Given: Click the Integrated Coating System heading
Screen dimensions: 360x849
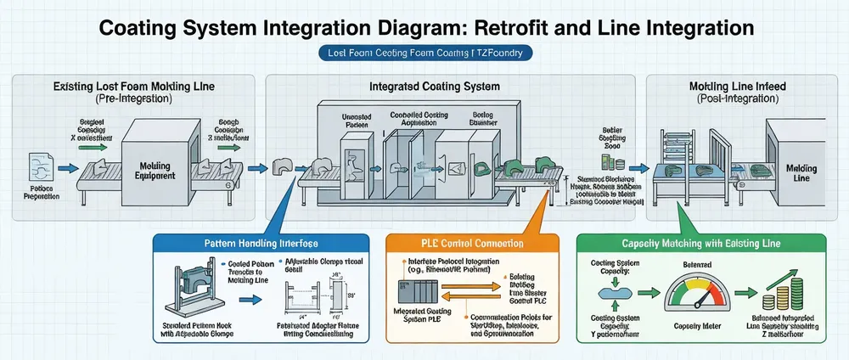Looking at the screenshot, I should point(435,87).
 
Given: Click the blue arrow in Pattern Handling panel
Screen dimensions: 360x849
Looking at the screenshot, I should point(252,299).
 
